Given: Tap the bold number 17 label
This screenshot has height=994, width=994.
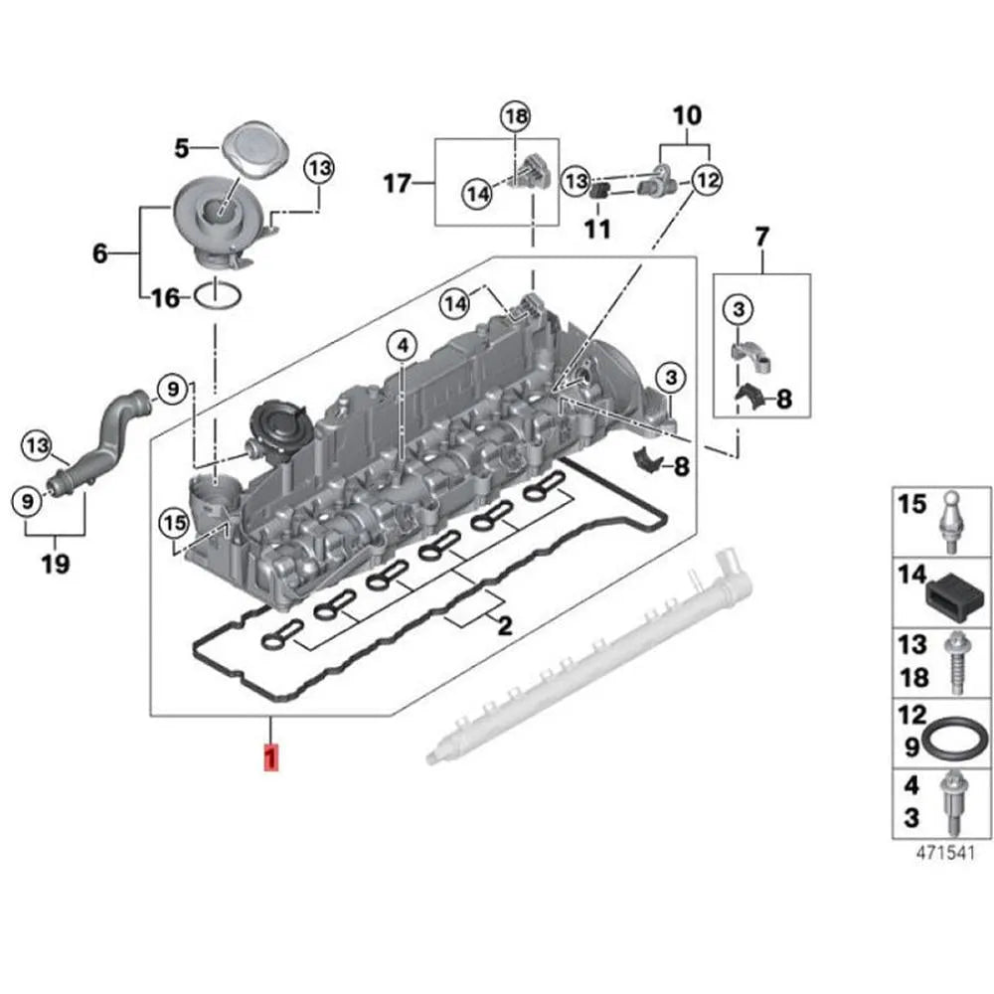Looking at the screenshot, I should [398, 184].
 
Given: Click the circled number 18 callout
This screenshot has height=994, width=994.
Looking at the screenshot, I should [515, 117].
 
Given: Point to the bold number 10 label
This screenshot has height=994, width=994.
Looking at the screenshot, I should [687, 116].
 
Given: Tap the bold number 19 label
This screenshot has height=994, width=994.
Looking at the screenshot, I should [56, 564].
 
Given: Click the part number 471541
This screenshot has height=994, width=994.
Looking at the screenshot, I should [938, 852].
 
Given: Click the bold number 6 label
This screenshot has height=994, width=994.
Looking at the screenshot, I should [99, 253].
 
